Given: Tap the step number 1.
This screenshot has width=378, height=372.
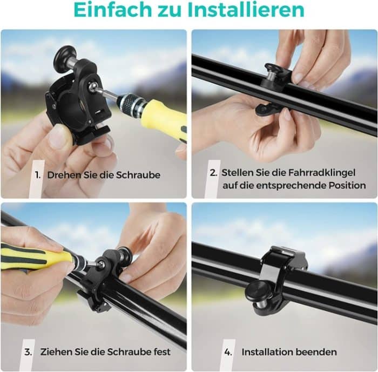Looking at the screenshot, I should point(38,175).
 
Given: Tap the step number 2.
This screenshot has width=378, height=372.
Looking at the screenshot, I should point(214,173).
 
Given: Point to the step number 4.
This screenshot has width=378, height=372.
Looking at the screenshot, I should point(228,352).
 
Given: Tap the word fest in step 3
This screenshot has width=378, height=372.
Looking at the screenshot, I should point(160,352).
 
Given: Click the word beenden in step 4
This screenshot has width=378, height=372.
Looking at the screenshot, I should point(318,352).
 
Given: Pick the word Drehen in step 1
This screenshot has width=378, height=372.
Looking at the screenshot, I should point(64,175).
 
